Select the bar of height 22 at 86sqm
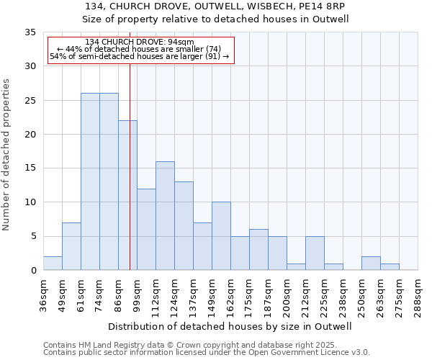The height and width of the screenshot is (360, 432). (x=127, y=195)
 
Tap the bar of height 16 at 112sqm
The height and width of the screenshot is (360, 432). (x=165, y=216)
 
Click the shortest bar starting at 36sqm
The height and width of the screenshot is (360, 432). (x=53, y=264)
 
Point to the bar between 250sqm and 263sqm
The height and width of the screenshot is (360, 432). (x=371, y=264)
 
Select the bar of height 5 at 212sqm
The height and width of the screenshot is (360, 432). (x=315, y=253)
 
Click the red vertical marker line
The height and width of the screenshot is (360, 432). (x=130, y=166)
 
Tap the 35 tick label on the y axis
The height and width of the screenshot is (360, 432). (x=30, y=32)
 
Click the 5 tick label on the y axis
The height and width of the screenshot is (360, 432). (x=33, y=237)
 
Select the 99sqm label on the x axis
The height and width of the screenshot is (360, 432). (x=137, y=296)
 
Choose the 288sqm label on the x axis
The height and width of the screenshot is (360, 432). (x=418, y=296)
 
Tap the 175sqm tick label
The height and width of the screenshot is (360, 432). (x=249, y=296)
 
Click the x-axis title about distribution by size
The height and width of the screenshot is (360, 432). (x=230, y=326)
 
